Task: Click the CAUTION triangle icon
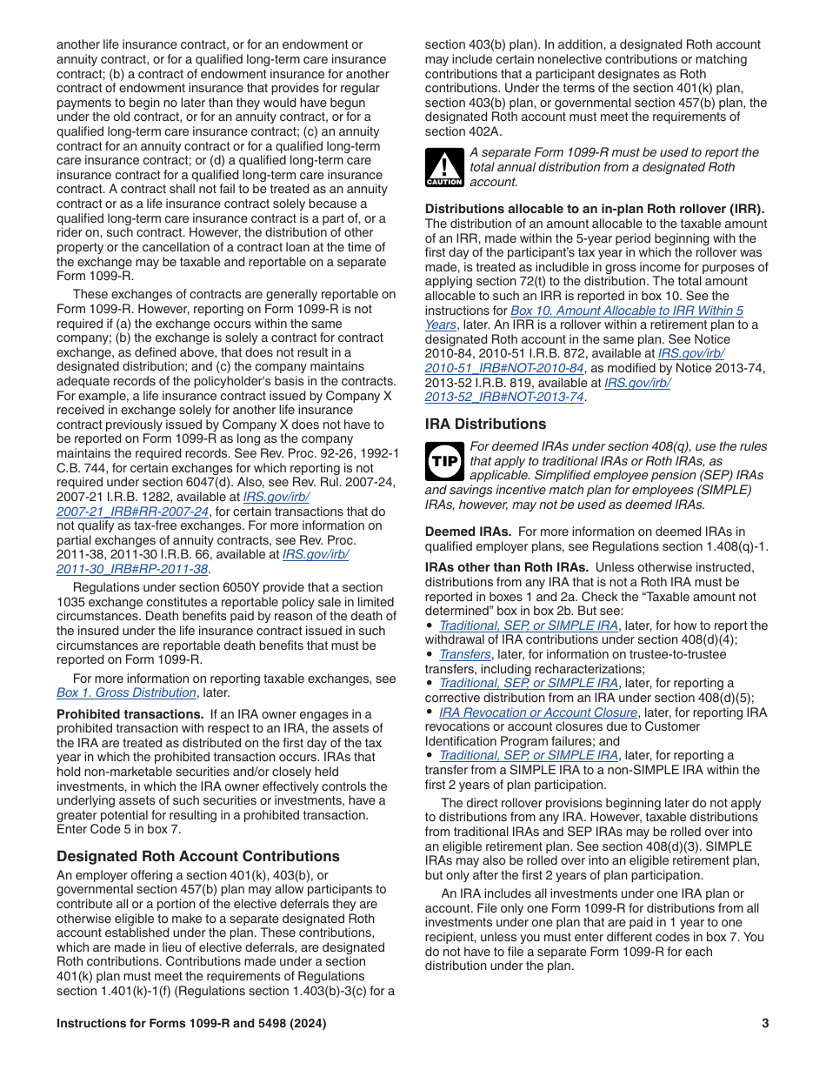444,167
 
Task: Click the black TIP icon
444,461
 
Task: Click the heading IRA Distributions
485,424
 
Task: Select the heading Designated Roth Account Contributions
198,856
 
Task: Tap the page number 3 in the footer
765,1024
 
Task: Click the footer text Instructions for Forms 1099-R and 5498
191,1024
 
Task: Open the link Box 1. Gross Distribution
126,692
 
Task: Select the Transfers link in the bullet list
464,654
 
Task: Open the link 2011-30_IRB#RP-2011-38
132,569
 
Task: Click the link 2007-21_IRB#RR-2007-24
132,512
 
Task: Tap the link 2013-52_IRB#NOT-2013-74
503,397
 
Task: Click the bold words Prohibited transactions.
130,714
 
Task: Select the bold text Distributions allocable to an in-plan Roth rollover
594,209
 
